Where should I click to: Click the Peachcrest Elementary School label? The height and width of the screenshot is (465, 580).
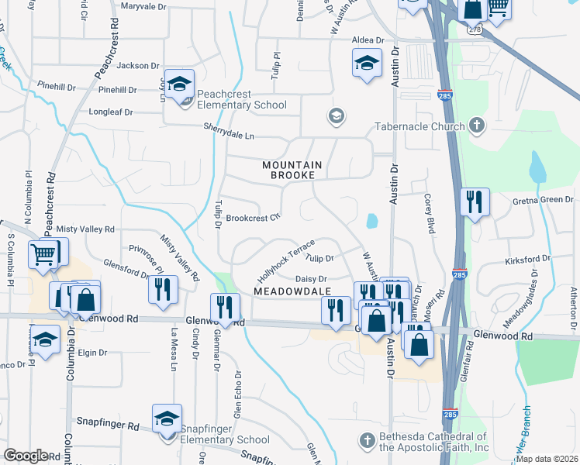tap(241, 105)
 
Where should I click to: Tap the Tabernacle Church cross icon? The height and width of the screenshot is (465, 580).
tap(477, 126)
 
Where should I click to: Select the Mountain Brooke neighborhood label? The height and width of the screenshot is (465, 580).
tap(292, 170)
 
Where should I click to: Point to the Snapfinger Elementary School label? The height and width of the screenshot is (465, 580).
tap(224, 439)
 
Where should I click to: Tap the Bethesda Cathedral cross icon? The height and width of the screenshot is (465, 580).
tap(368, 441)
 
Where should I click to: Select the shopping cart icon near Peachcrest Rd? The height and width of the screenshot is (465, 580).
tap(44, 253)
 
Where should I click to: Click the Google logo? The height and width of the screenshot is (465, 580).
tap(26, 456)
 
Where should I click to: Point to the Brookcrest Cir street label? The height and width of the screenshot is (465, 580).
tap(252, 218)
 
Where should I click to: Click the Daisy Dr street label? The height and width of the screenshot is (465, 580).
tap(312, 278)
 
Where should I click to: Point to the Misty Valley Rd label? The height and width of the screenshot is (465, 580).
tap(85, 229)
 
